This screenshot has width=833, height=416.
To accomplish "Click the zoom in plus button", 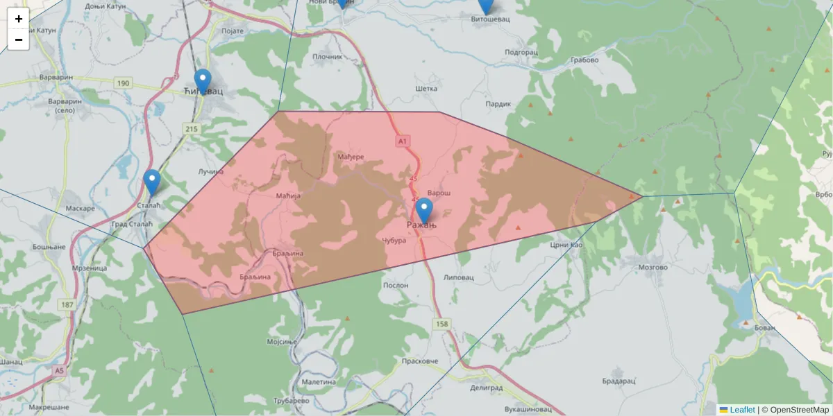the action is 19,19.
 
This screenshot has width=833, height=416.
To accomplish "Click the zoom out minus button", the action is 19,40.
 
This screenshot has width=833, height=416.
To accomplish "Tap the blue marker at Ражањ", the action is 423,210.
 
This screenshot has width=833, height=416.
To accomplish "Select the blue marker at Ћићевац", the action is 202,81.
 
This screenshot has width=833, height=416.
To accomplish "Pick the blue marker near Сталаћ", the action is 152,182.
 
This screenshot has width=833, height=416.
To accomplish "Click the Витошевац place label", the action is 490,19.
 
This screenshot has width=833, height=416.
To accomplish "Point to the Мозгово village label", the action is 653,267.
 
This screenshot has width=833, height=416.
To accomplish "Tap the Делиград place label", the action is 486,389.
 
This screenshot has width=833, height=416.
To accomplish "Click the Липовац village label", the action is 458,277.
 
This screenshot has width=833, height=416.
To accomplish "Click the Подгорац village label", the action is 521,52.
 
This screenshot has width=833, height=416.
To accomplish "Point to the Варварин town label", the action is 56,77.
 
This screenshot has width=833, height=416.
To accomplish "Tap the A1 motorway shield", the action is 403,141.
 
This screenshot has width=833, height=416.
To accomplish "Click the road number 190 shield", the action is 124,83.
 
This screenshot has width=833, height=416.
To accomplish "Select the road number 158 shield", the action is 441,324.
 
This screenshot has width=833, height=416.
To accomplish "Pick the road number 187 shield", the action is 67,304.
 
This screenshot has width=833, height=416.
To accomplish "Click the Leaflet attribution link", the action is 742,410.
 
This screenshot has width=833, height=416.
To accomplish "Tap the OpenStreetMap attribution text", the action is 799,410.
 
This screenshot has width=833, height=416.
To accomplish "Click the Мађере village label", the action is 351,157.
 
